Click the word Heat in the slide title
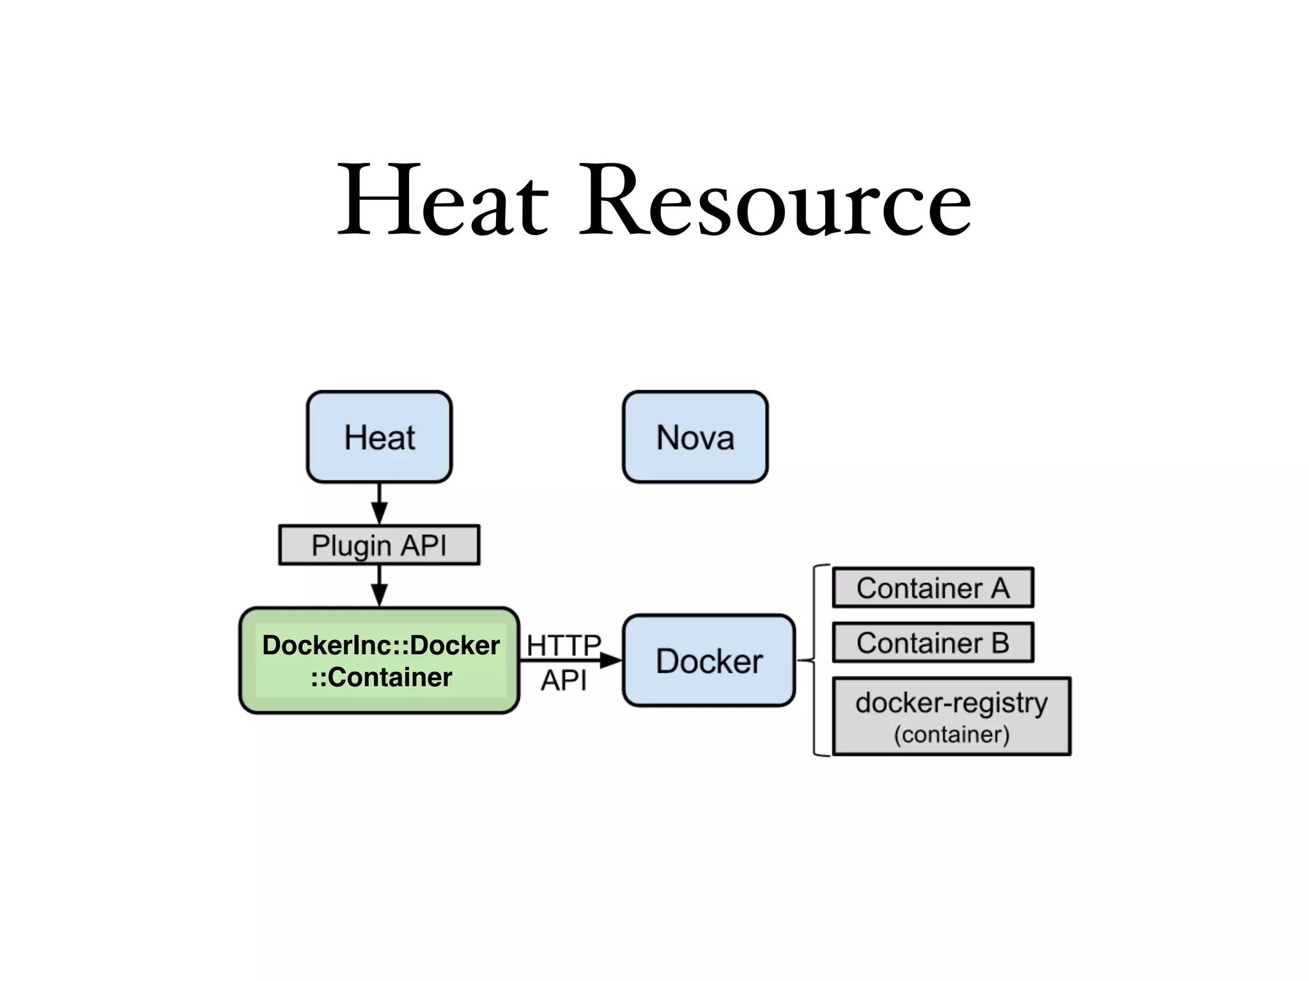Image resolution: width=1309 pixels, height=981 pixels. [x=443, y=200]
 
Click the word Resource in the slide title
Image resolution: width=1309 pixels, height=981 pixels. [x=775, y=200]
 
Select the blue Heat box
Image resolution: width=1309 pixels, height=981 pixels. [x=379, y=437]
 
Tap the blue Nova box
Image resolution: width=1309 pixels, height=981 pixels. [x=695, y=437]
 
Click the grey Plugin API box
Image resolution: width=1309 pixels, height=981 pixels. [x=379, y=545]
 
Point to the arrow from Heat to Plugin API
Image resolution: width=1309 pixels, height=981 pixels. [x=379, y=504]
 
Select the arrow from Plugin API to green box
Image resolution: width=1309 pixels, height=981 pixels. [x=379, y=586]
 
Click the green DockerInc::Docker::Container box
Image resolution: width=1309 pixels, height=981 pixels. [x=379, y=660]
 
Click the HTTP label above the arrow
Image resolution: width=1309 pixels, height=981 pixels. [x=563, y=645]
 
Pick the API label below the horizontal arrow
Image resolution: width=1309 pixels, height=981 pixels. [x=563, y=680]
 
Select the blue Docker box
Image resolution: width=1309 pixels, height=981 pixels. [x=709, y=660]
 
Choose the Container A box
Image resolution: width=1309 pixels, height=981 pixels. [x=933, y=588]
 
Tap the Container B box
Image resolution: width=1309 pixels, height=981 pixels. [x=933, y=643]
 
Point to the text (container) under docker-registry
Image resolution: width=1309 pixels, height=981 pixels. [x=951, y=734]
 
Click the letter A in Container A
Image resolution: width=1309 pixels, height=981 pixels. [x=1000, y=588]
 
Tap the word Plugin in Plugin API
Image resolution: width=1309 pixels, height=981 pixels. [x=350, y=546]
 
